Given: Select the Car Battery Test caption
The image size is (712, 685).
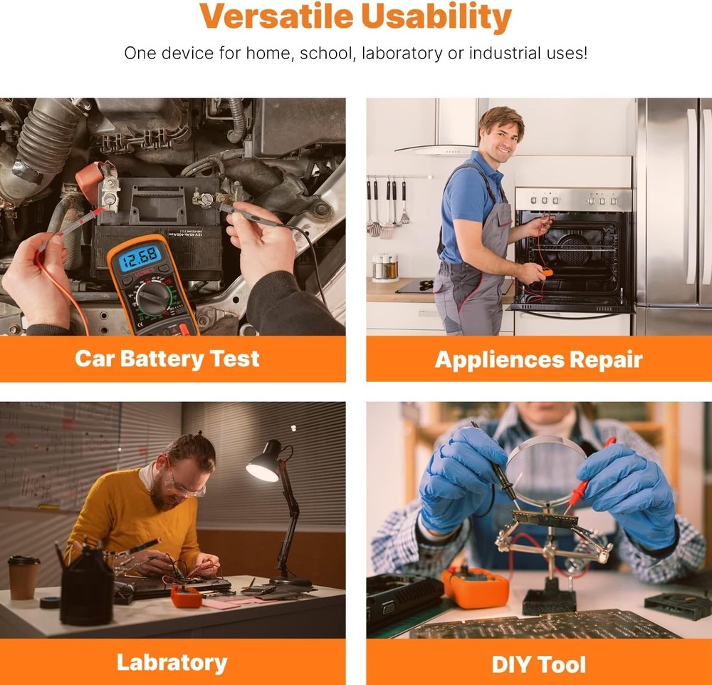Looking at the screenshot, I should point(167,359).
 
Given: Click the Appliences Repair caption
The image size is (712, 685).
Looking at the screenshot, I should point(538,359).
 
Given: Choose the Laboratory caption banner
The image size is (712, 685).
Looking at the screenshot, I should point(172,662).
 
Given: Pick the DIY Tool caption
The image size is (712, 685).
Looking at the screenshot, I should point(538,665).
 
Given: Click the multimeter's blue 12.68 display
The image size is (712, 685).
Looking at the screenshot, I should point(140,255).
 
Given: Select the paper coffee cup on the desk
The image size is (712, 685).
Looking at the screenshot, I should point(23,577).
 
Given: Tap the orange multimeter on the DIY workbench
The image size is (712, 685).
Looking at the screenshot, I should point(476,587).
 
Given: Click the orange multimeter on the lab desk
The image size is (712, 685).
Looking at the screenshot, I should point(186,596).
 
